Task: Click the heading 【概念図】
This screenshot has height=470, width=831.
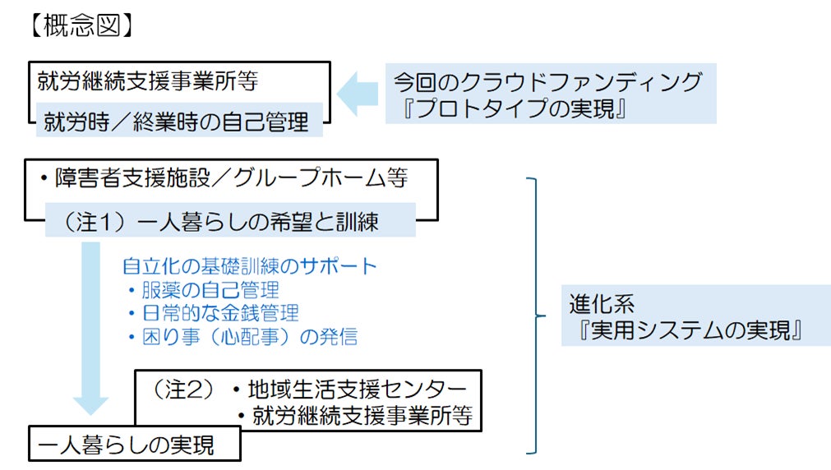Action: (x=77, y=25)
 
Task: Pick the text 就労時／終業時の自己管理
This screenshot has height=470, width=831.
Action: (x=177, y=122)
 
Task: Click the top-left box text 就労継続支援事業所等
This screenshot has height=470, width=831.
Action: (x=149, y=81)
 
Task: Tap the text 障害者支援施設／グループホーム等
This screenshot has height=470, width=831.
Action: (x=222, y=178)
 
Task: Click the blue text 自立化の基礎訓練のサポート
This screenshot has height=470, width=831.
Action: (x=249, y=266)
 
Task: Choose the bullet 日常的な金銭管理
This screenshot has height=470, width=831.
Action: (x=212, y=313)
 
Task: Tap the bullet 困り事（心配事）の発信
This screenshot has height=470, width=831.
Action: (x=242, y=336)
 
